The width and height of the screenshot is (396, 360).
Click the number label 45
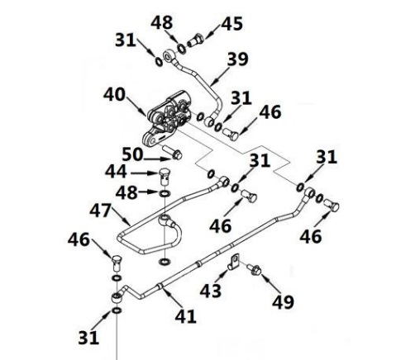pyautogui.click(x=232, y=24)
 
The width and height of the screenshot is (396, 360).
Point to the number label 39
pyautogui.click(x=237, y=59)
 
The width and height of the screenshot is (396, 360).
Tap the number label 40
pyautogui.click(x=114, y=94)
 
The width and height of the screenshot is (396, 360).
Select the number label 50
pyautogui.click(x=132, y=154)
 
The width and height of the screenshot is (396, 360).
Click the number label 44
pyautogui.click(x=116, y=172)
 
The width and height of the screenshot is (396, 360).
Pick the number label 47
pyautogui.click(x=101, y=211)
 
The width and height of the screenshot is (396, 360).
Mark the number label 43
pyautogui.click(x=211, y=291)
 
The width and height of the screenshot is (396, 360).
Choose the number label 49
pyautogui.click(x=283, y=301)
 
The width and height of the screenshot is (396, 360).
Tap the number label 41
pyautogui.click(x=186, y=316)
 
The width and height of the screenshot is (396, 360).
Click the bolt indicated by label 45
pyautogui.click(x=195, y=40)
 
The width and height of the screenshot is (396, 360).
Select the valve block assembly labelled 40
pyautogui.click(x=167, y=118)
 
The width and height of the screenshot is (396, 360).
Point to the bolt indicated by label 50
pyautogui.click(x=172, y=152)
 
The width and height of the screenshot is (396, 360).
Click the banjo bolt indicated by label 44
pyautogui.click(x=165, y=176)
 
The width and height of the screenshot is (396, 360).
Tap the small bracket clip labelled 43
pyautogui.click(x=234, y=262)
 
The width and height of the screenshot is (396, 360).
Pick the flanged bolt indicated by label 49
pyautogui.click(x=254, y=269)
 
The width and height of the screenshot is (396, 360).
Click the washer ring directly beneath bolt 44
pyautogui.click(x=165, y=193)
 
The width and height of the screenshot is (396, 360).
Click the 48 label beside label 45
pyautogui.click(x=162, y=22)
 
